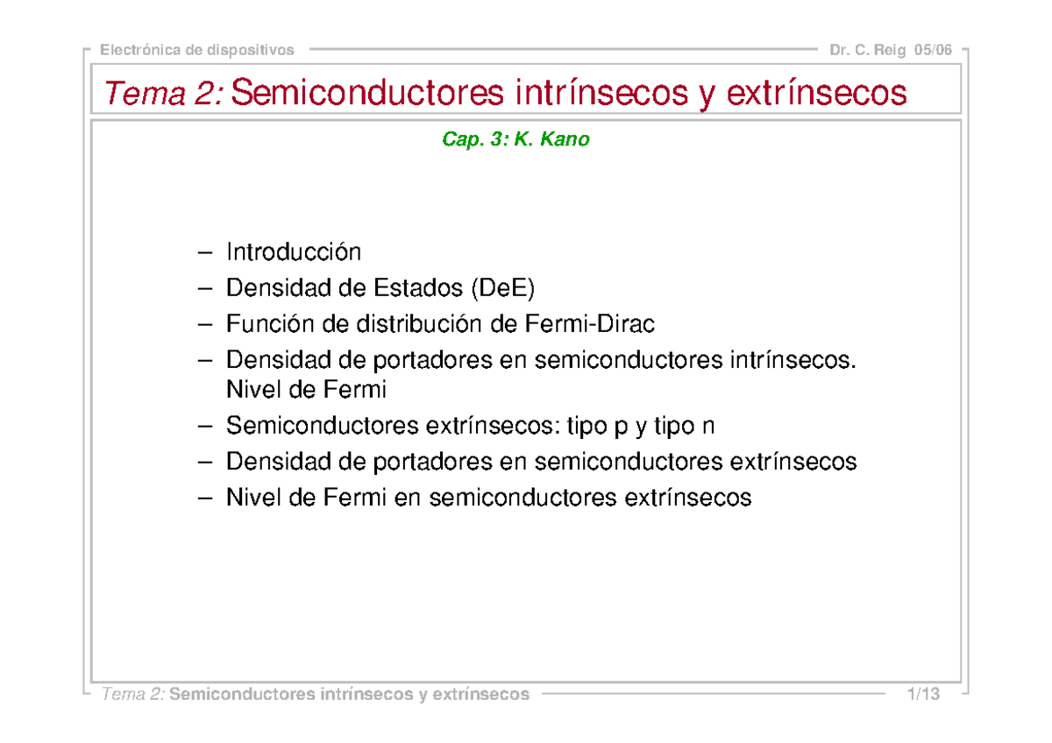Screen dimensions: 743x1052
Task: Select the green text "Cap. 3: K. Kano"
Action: [x=515, y=139]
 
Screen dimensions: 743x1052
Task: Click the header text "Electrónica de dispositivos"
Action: [x=197, y=50]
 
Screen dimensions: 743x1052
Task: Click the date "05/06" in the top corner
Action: [x=932, y=50]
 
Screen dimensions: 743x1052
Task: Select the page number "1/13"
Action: [x=924, y=695]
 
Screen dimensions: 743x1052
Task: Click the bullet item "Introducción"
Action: [x=294, y=252]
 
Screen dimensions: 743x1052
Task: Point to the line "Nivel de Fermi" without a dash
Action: [x=306, y=388]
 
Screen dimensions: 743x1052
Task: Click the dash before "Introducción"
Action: [x=206, y=253]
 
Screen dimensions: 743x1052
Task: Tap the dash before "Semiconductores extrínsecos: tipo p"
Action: [x=206, y=427]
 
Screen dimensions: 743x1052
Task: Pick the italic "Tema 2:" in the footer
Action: [x=133, y=695]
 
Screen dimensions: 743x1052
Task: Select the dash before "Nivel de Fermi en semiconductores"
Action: [x=206, y=499]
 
